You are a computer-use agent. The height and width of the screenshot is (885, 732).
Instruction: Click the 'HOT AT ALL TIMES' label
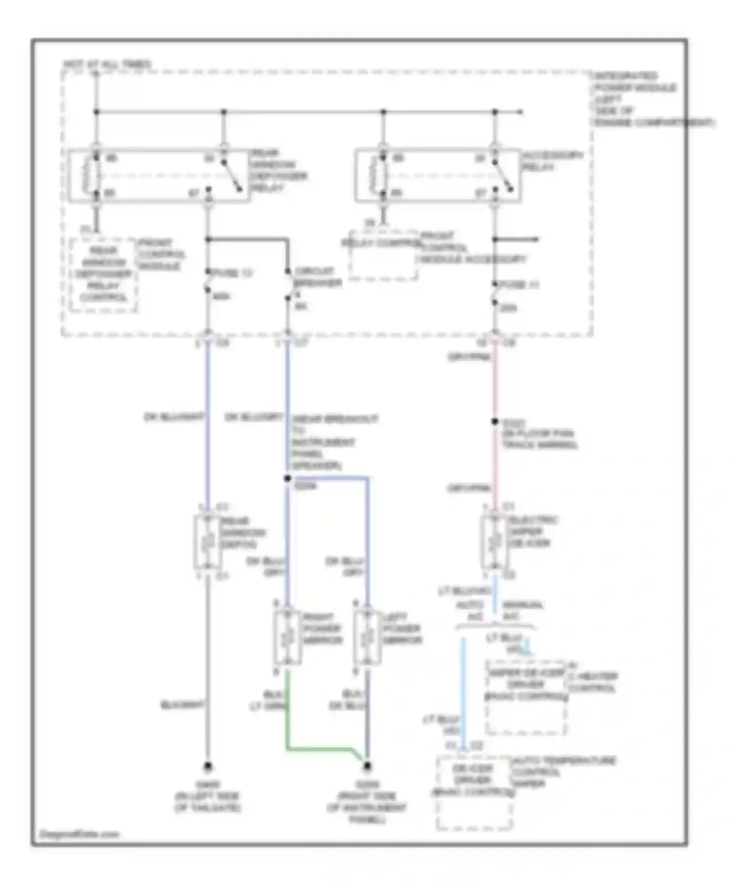coord(107,64)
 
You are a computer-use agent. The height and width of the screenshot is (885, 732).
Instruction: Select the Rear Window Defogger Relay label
coord(278,170)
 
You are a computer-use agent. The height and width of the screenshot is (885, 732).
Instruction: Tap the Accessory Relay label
coord(552,161)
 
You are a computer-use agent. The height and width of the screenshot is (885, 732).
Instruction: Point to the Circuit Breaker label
coord(317,277)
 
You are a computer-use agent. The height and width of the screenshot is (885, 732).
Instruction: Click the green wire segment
coord(317,747)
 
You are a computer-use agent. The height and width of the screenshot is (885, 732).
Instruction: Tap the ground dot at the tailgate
coord(208,766)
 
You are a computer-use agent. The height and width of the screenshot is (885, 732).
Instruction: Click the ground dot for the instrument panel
coord(367,766)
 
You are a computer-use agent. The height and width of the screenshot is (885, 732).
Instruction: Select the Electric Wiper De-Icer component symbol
coord(494,542)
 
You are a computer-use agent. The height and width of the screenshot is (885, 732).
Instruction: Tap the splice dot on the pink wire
coord(495,422)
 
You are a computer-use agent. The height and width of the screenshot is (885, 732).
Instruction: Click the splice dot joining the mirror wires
coord(287,479)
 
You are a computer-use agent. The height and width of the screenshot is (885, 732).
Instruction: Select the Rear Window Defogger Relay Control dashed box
coord(103,275)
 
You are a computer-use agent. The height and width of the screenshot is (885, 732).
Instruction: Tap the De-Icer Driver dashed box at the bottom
coord(473,793)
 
